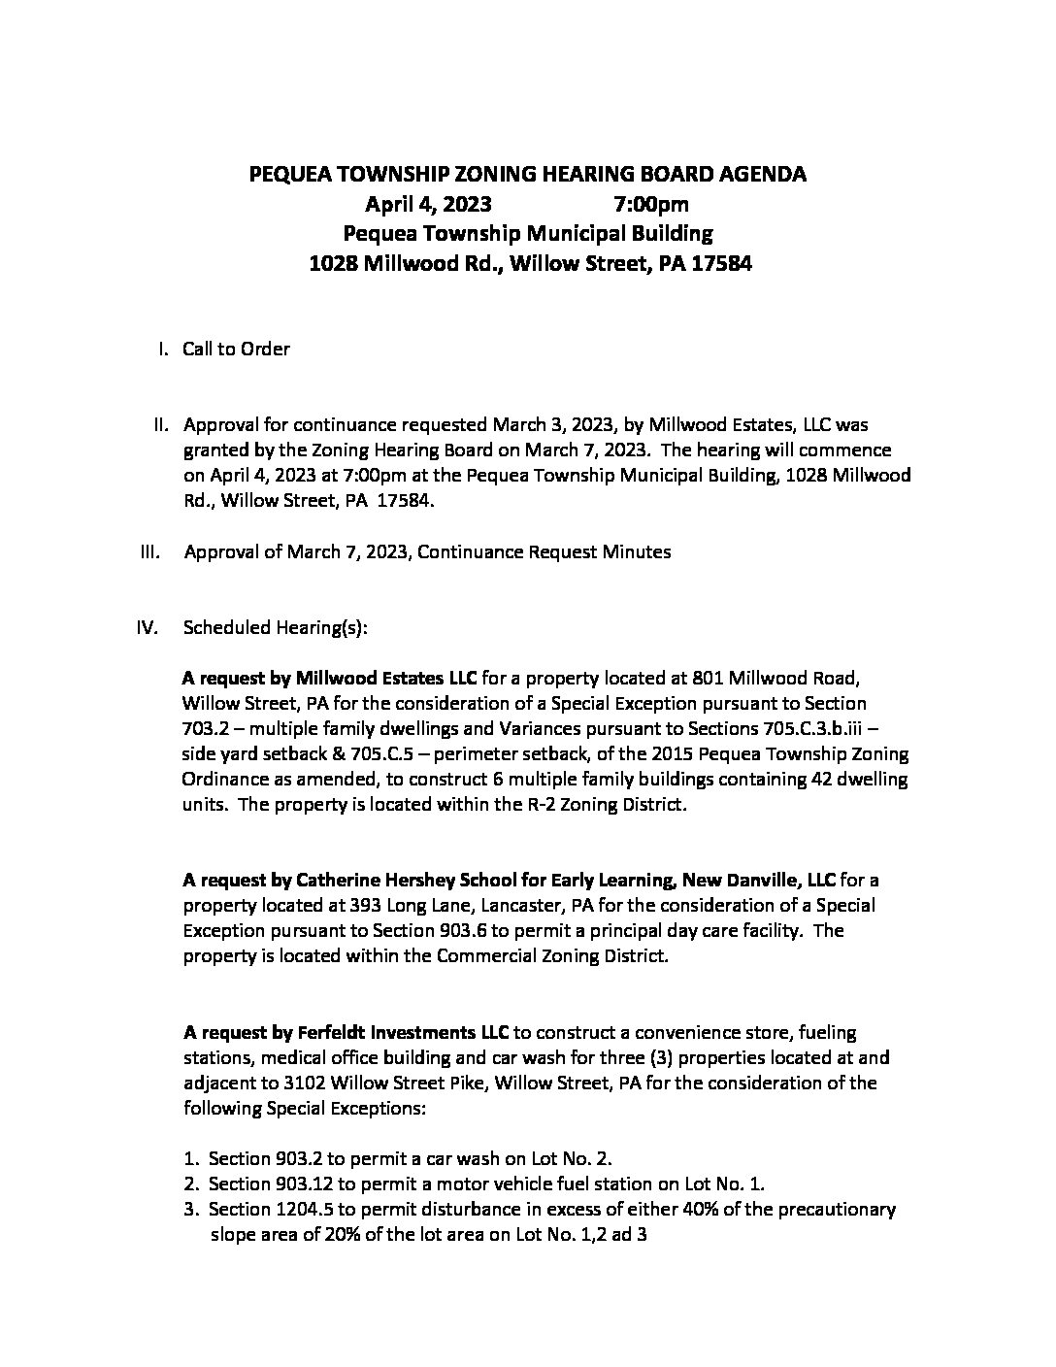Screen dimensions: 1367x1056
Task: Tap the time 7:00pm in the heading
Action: pyautogui.click(x=651, y=204)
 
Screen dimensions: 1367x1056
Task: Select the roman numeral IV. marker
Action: pyautogui.click(x=148, y=627)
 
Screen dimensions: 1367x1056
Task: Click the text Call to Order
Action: pyautogui.click(x=236, y=349)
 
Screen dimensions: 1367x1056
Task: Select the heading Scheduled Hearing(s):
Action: pyautogui.click(x=275, y=627)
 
